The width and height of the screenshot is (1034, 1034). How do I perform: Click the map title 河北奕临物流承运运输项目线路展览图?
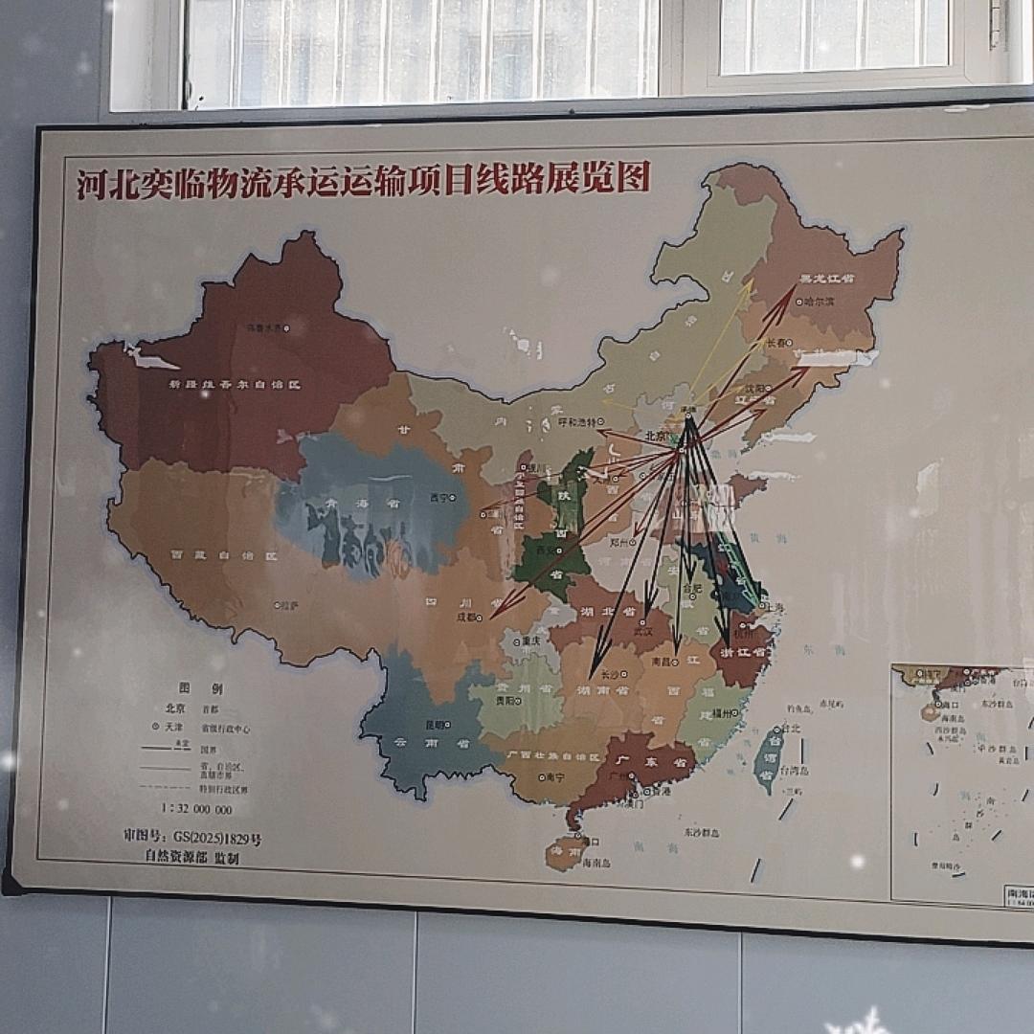coord(363,180)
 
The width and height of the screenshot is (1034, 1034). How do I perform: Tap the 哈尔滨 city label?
coord(820,301)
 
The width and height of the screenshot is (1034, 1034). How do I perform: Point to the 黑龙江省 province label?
coord(827,279)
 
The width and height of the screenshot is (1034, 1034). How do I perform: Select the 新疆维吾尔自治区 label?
coord(236,384)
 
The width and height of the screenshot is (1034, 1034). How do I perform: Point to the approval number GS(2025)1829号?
coord(192,838)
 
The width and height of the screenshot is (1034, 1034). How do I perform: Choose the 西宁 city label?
coord(438,498)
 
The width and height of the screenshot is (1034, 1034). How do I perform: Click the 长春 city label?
coord(776,342)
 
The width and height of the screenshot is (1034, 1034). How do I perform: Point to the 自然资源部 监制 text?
coord(191,858)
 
